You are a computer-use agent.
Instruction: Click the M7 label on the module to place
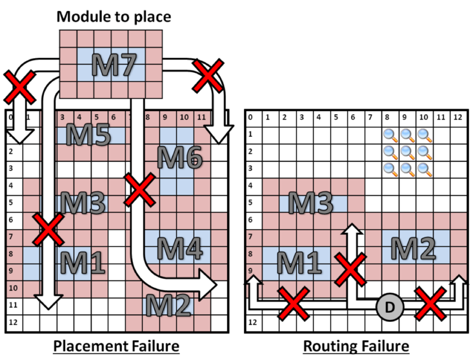[114, 65]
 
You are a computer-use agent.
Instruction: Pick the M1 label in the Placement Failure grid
[83, 263]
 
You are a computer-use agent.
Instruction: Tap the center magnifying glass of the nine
[407, 152]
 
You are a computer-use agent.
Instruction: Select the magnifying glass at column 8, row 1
[390, 135]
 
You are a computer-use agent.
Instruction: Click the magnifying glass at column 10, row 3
[424, 168]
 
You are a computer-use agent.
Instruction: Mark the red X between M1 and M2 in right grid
[349, 270]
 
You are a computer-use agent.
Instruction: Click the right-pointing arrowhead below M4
[208, 283]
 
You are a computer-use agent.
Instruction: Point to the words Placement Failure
[116, 346]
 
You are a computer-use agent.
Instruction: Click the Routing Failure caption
[356, 346]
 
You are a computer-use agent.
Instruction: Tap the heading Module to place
[114, 16]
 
